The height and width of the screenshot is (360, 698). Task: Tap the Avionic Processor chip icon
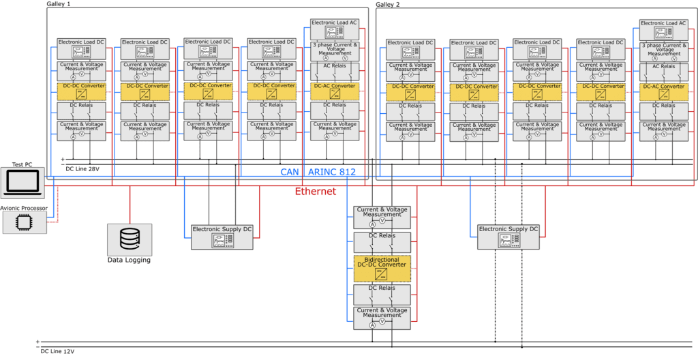click(25, 222)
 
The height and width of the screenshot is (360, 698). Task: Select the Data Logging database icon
click(129, 239)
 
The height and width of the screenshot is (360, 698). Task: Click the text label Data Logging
click(129, 260)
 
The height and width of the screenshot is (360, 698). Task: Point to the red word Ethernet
click(316, 192)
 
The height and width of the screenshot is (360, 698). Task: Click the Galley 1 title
click(59, 4)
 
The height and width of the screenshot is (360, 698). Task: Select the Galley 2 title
click(388, 4)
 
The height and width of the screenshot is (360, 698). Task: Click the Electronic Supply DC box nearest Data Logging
click(222, 236)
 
